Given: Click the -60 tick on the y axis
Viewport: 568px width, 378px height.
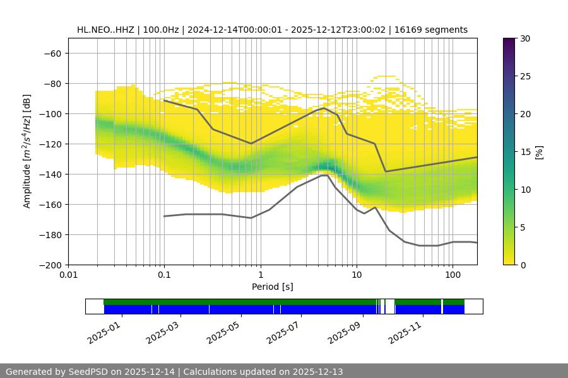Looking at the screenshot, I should click(52, 53).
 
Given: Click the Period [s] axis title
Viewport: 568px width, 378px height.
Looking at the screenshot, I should click(273, 287).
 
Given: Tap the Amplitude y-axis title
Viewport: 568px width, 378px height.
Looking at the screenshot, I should click(27, 151).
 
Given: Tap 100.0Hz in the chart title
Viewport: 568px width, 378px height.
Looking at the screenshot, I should click(163, 30).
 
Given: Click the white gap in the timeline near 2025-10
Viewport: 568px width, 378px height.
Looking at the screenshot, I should click(389, 306).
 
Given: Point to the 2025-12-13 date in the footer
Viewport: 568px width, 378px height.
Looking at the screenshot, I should click(317, 372).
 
